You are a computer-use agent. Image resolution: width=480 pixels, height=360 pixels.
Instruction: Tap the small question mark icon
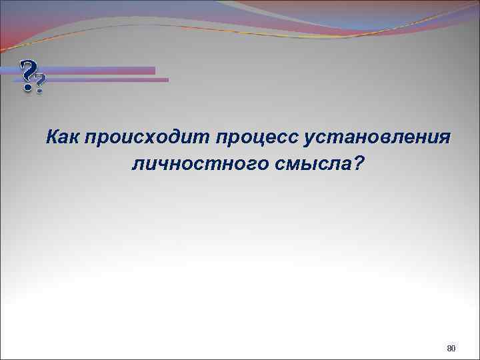pyautogui.click(x=41, y=84)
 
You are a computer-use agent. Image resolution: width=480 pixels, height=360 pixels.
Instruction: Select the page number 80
pyautogui.click(x=451, y=349)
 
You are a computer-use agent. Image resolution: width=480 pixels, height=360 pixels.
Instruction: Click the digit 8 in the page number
pyautogui.click(x=449, y=349)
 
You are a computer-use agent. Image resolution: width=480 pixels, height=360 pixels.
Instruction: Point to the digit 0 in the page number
pyautogui.click(x=453, y=349)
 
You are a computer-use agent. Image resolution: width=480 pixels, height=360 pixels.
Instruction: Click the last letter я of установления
pyautogui.click(x=445, y=138)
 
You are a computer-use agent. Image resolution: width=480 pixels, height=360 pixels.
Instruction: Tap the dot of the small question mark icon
pyautogui.click(x=41, y=91)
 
